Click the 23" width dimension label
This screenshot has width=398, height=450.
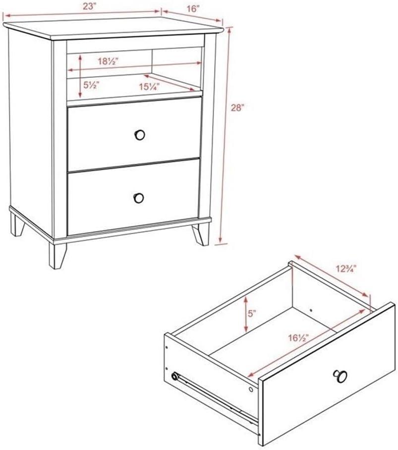coord(89,6)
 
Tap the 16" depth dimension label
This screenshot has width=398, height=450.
coord(193,8)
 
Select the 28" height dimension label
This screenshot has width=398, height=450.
coord(237,108)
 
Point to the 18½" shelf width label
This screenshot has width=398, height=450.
coord(109,61)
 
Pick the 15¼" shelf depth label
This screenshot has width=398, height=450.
coord(149,86)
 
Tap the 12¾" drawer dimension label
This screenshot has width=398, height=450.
coord(346,268)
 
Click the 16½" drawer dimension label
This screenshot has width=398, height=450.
coord(298,338)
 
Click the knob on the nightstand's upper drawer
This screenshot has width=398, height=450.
coord(140,134)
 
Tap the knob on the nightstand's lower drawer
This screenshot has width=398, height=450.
coord(139,198)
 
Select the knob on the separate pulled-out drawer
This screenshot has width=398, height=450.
coord(341,376)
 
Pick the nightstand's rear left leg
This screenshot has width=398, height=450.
coord(17,224)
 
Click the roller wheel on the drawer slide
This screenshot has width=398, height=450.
coord(174,376)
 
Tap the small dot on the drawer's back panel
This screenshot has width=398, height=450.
coord(311,310)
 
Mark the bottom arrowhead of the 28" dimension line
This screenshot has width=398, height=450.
coord(220,239)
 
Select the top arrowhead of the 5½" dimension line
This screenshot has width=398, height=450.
coord(81,58)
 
